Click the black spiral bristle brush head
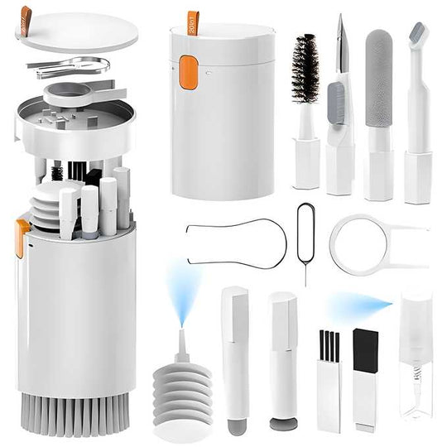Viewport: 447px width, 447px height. point(305,68)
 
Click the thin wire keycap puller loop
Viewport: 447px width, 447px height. point(236,239)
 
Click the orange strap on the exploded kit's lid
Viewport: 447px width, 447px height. point(26,15)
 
